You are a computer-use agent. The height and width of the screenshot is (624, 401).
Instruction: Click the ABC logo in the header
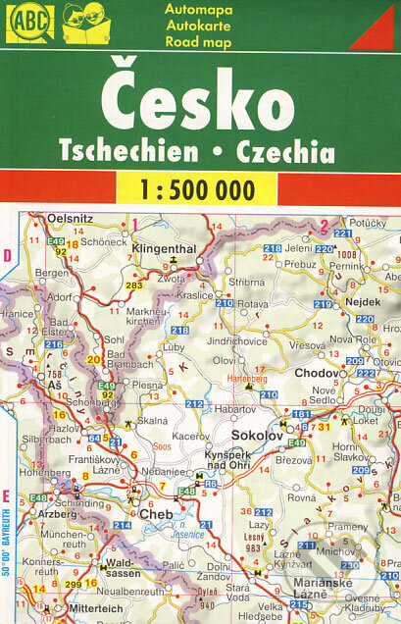coord(28,24)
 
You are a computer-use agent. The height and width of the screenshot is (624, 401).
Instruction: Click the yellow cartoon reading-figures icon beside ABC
coord(86,24)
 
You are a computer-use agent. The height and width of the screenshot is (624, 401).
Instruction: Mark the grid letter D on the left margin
coord(7,256)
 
